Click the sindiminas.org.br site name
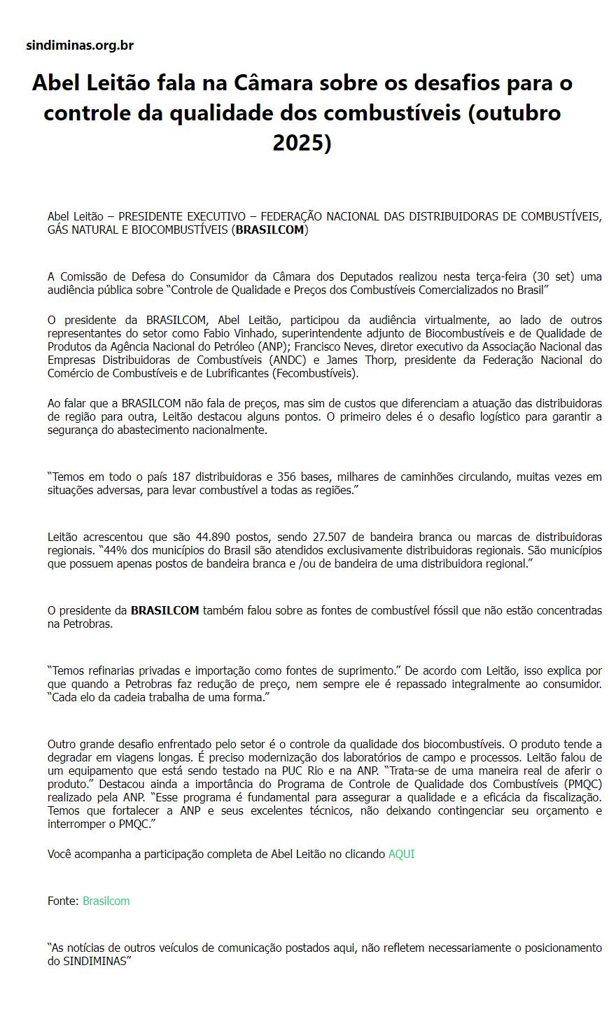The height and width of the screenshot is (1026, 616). click(79, 45)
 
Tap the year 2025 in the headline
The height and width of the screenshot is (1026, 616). click(302, 142)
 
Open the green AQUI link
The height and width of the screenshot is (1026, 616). click(401, 854)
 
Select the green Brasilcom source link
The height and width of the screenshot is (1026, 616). click(106, 901)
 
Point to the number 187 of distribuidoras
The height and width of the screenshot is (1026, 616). click(181, 477)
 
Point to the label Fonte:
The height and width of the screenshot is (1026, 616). click(63, 901)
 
